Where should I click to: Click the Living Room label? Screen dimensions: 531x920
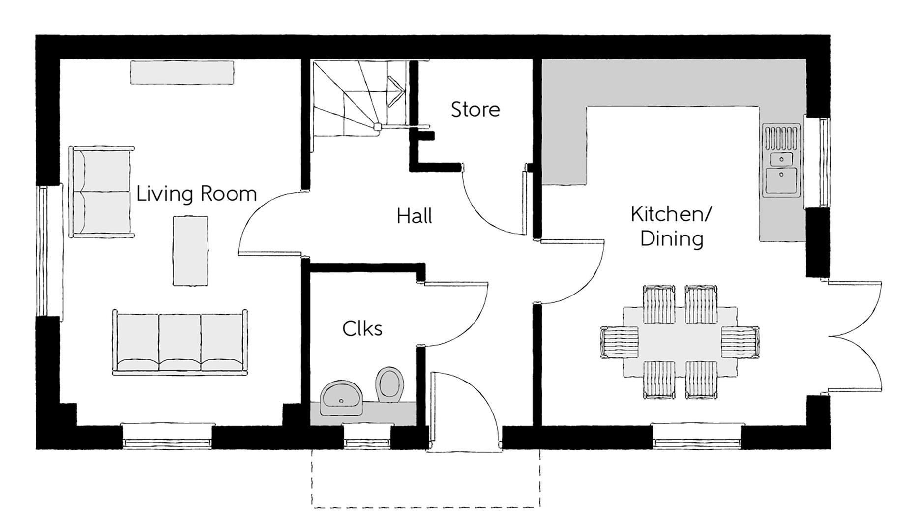[x=196, y=194]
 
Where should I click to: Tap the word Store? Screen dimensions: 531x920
[x=475, y=109]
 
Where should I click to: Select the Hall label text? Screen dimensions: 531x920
[x=414, y=216]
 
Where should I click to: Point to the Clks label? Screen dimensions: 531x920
[x=362, y=328]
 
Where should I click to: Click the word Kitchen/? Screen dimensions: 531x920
[x=671, y=214]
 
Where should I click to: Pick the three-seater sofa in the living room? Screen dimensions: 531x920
[x=180, y=343]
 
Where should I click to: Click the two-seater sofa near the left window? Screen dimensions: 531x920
[x=102, y=192]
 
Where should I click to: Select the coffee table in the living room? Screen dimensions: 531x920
[x=190, y=251]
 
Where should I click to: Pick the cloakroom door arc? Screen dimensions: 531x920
[x=462, y=315]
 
